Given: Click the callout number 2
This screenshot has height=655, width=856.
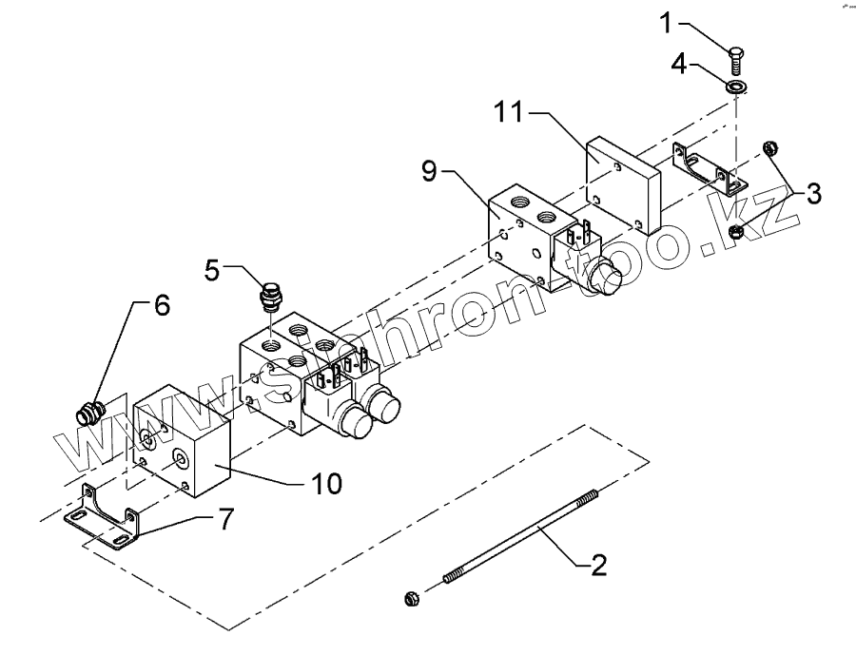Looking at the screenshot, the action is click(596, 568).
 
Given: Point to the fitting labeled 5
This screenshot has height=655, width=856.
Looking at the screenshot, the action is click(270, 297).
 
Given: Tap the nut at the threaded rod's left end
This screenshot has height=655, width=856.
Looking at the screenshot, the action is click(412, 598).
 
